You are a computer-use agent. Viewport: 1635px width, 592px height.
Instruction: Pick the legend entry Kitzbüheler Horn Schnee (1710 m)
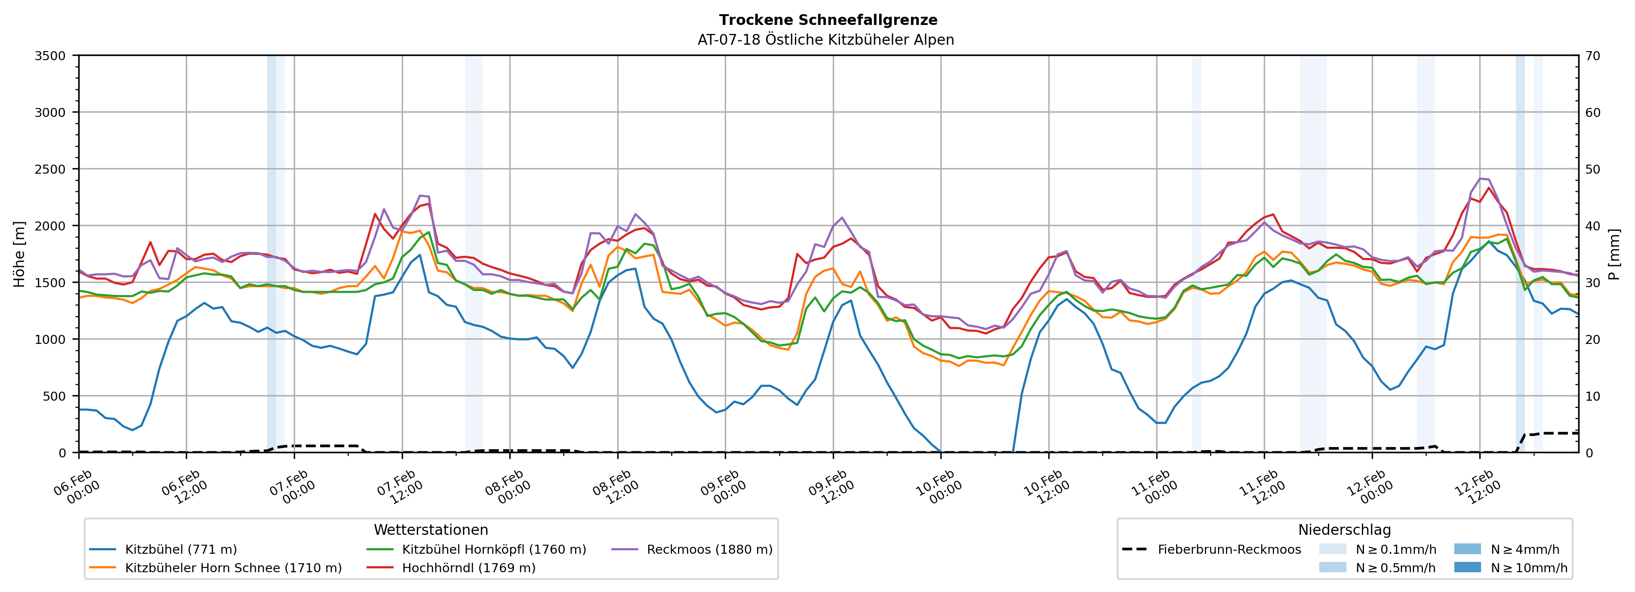(x=233, y=568)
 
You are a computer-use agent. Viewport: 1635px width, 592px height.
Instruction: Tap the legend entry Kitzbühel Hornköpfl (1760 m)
(x=494, y=549)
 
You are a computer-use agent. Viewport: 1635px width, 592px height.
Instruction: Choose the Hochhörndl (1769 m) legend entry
(x=468, y=568)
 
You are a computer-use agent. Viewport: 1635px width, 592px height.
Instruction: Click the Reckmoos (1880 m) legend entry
(x=709, y=549)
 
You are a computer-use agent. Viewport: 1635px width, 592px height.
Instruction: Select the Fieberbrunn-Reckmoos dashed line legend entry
(x=1229, y=549)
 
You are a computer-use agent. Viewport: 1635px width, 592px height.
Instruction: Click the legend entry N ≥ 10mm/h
(x=1528, y=568)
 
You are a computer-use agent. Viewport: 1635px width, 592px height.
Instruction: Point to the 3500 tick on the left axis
(x=50, y=56)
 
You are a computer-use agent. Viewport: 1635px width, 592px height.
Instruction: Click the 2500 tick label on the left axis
(x=50, y=169)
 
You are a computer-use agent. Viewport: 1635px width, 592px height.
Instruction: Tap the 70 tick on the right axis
(x=1592, y=56)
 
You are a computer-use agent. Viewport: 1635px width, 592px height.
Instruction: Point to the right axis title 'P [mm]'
(x=1614, y=254)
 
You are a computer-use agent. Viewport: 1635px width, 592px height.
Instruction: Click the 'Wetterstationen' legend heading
(x=431, y=530)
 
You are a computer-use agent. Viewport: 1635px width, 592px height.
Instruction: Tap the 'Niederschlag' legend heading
(x=1344, y=530)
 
